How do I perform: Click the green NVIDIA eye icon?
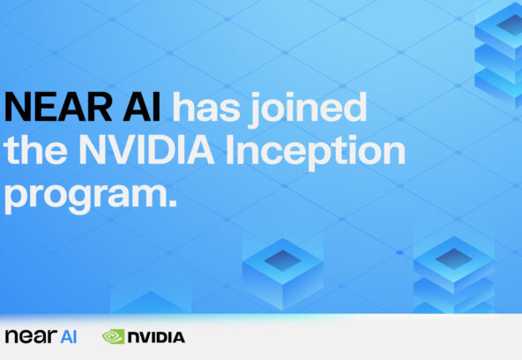[113, 336]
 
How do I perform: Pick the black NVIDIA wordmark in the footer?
[156, 336]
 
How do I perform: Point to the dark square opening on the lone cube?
[282, 259]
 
